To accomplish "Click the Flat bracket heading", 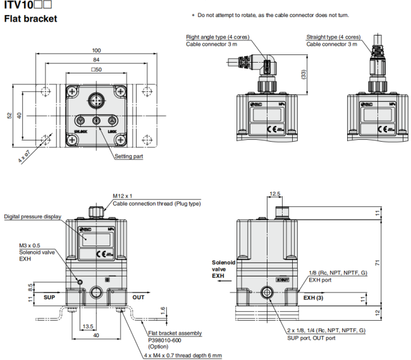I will pos(30,19).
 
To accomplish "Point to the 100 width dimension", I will pos(96,51).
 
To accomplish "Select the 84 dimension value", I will pos(96,61).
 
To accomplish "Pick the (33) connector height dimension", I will pos(304,75).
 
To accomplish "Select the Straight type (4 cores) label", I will pos(334,37).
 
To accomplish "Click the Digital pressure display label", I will pos(33,216).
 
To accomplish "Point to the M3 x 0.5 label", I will pos(30,245).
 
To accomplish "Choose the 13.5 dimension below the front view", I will pos(88,326).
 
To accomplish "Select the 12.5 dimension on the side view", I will pos(274,194).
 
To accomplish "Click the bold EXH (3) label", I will pos(314,297).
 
